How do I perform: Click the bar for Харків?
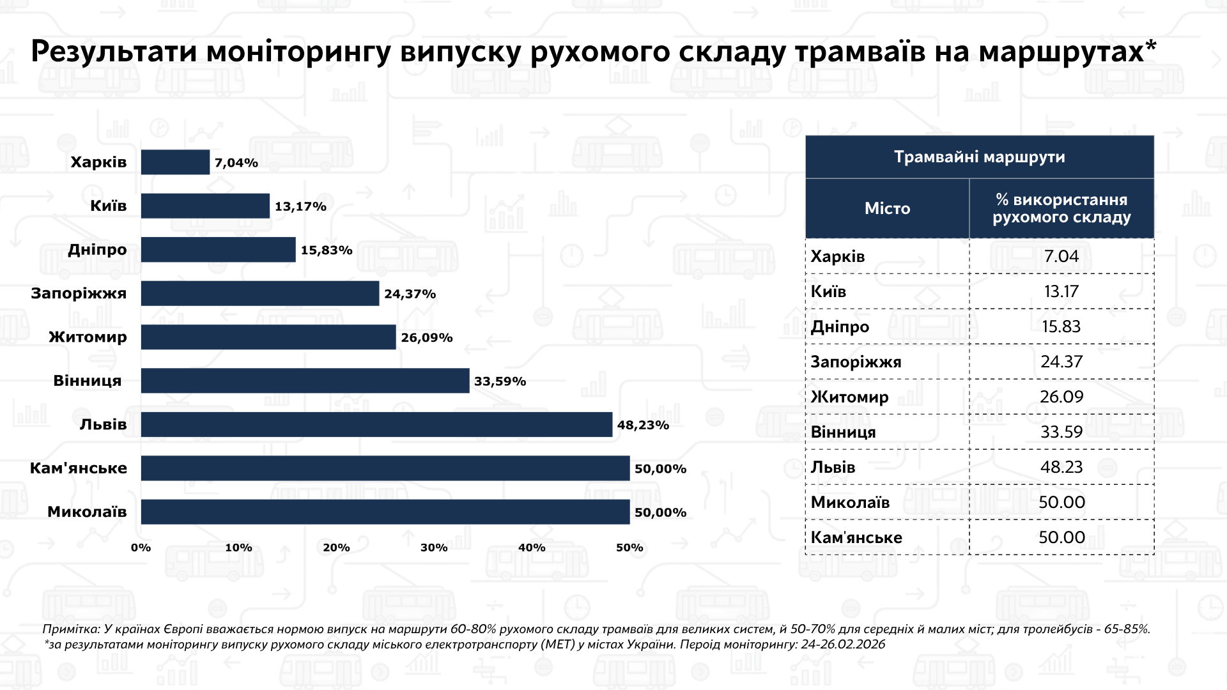tap(175, 162)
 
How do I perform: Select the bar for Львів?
tap(376, 425)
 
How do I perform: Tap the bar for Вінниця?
tap(305, 381)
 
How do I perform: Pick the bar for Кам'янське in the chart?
tap(385, 468)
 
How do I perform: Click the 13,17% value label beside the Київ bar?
tap(300, 206)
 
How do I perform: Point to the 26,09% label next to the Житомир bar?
tap(427, 337)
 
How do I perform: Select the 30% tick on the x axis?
tap(434, 548)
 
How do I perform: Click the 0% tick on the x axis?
tap(141, 548)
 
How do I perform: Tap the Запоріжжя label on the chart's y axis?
tap(79, 294)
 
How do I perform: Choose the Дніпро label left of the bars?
tap(97, 250)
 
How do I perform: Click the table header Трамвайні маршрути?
tap(979, 157)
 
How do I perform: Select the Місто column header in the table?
tap(887, 208)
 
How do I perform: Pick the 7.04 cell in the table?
tap(1061, 256)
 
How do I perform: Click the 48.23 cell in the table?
tap(1061, 467)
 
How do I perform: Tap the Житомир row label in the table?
tap(849, 397)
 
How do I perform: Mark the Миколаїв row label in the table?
tap(850, 502)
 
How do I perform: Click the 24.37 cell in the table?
tap(1061, 362)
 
